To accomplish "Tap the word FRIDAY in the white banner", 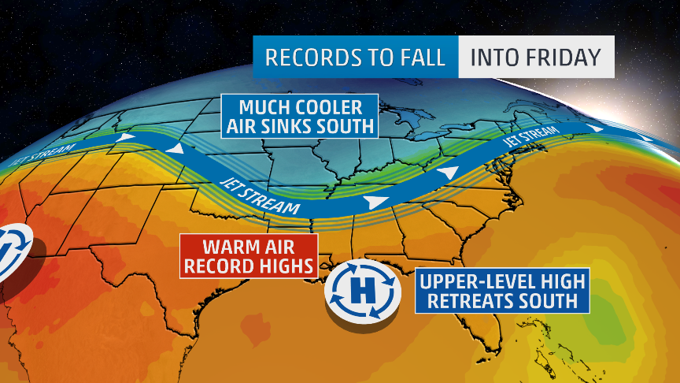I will [563, 57].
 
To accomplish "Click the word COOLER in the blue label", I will [325, 107].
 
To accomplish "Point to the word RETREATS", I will [465, 301].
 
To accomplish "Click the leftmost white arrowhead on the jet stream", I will [124, 139].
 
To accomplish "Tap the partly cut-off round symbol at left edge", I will [12, 251].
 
